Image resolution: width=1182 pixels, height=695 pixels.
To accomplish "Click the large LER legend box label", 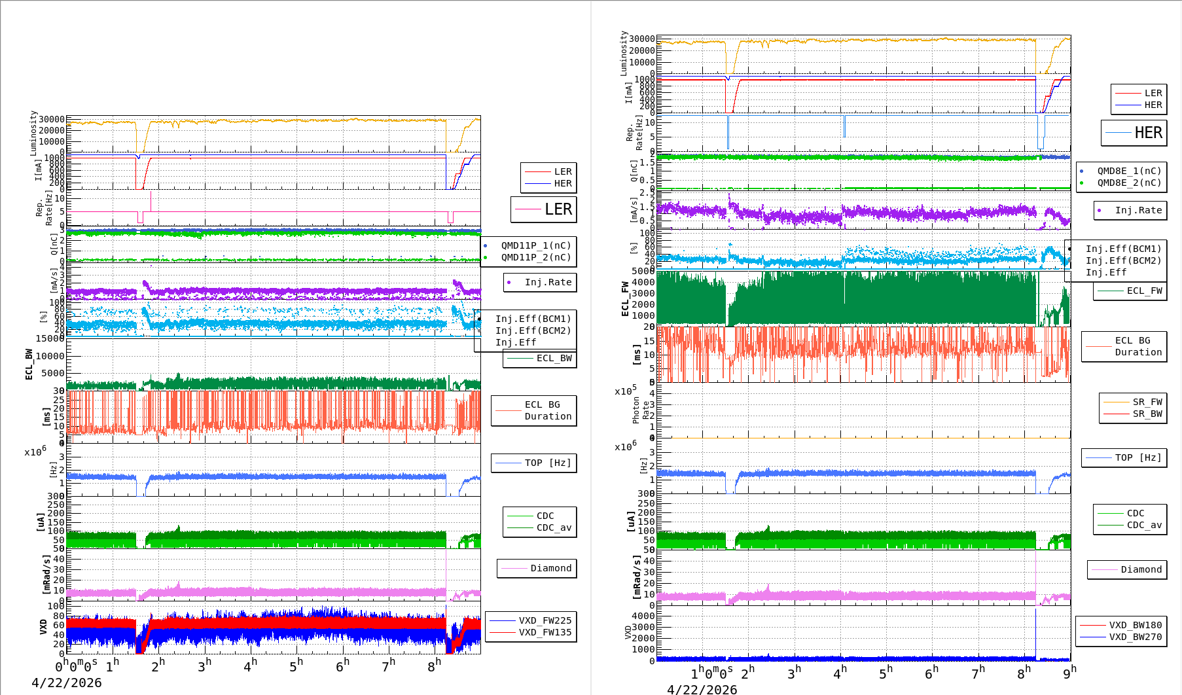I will point(558,209).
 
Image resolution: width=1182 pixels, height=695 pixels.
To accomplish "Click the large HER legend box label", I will point(1148,133).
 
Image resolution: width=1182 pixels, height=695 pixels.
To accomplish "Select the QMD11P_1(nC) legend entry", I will point(536,245).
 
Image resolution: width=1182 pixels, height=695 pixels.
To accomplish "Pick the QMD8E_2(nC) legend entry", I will point(1129,183).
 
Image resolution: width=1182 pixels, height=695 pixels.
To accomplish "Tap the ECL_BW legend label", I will point(554,358).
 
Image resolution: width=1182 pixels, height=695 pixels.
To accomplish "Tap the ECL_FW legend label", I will point(1144,291).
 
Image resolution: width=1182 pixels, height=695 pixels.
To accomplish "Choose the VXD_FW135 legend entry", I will point(545,632).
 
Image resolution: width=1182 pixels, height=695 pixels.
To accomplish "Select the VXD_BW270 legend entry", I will point(1135,637).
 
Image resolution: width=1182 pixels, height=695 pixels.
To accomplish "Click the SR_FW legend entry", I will point(1147,402).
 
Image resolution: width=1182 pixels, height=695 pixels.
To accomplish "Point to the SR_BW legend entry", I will point(1147,414).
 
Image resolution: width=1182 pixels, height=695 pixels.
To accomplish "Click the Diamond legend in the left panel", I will point(550,568).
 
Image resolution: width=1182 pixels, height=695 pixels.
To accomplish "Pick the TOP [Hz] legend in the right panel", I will point(1138,457).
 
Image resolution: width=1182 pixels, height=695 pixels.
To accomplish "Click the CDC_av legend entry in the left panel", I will point(554,527).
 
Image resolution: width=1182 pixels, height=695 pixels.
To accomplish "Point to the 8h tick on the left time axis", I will point(435,666).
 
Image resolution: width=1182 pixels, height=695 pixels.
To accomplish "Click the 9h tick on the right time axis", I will point(1068,673).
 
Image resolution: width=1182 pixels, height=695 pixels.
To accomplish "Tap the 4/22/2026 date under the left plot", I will point(67,683).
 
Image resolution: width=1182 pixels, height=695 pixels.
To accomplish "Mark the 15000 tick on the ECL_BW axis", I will point(50,338).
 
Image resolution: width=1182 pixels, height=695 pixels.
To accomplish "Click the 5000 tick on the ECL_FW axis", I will point(643,271).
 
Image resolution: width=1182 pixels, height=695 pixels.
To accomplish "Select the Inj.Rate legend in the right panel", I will point(1138,210).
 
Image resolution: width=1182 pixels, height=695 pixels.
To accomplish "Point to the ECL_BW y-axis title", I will point(29,364).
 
